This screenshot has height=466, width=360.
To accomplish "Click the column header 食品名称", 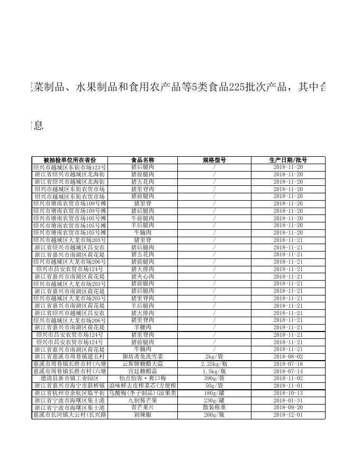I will click(x=142, y=160).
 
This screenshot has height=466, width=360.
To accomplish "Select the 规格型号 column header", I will click(x=214, y=160).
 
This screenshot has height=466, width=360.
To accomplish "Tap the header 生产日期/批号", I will click(x=288, y=160).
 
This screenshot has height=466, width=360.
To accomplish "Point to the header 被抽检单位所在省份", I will click(x=70, y=160).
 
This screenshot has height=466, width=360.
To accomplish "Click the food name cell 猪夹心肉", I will click(x=142, y=276).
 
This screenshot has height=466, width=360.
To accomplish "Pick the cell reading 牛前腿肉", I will click(x=142, y=218).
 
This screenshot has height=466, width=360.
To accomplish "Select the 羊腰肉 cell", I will click(x=142, y=327).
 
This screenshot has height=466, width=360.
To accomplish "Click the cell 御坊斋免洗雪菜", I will click(x=142, y=356).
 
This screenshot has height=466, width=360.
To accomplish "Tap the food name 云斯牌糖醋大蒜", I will click(x=142, y=364).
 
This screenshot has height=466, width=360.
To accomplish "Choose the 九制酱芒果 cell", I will click(x=142, y=400).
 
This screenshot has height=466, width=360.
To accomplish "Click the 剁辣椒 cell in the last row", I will click(x=142, y=415).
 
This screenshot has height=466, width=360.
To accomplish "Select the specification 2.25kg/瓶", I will click(x=214, y=364).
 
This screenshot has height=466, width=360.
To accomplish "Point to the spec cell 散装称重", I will click(x=214, y=408).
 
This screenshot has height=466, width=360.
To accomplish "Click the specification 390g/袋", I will click(x=214, y=379).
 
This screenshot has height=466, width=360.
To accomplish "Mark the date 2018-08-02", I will click(x=288, y=356).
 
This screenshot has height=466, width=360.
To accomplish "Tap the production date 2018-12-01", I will click(x=288, y=415).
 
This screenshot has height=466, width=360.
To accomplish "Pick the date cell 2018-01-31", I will click(x=288, y=400).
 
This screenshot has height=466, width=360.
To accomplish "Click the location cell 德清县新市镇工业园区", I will click(x=70, y=379).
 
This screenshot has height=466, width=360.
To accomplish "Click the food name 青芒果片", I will click(x=142, y=408).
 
